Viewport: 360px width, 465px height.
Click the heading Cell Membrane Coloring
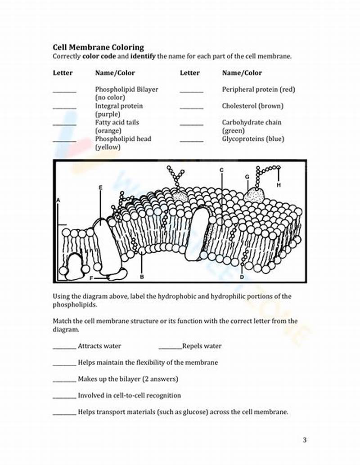point(98,47)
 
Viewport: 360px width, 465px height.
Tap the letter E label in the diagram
point(100,187)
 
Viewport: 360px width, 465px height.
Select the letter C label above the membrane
point(221,170)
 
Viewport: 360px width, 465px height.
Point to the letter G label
point(247,177)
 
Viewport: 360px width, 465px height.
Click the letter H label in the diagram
point(279,185)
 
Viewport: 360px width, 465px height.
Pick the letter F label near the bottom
point(91,278)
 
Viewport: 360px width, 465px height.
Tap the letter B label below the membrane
point(142,277)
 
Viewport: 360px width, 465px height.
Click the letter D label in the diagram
point(242,277)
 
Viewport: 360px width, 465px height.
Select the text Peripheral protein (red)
point(258,89)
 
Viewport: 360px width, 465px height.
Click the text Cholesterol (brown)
point(252,106)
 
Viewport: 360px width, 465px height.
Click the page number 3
point(304,440)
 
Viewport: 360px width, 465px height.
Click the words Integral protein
point(119,106)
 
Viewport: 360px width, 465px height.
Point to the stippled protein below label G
point(255,194)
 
